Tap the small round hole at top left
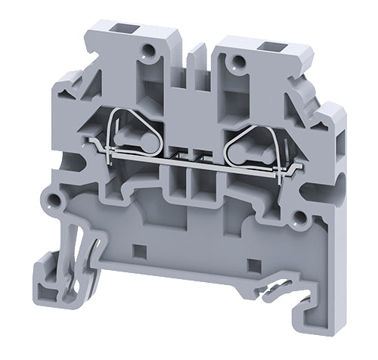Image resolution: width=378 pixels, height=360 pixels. coord(154,51)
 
